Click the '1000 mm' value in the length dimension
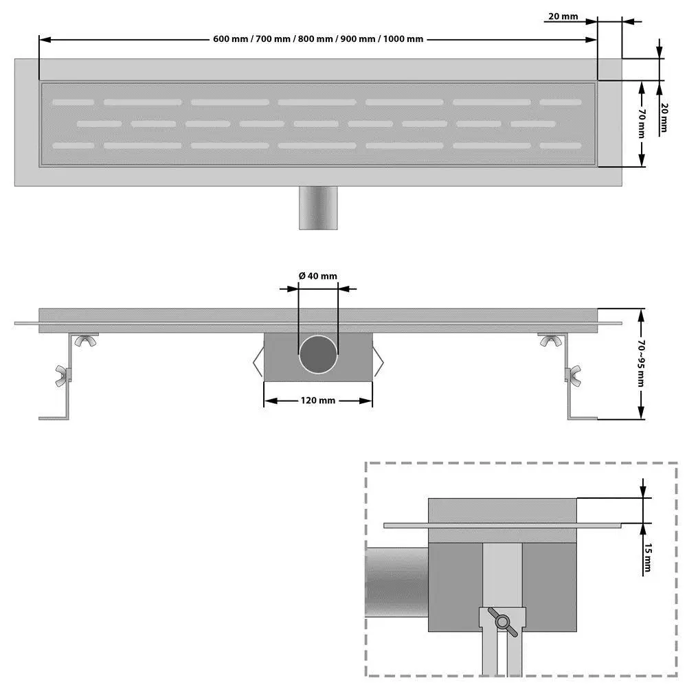click(403, 39)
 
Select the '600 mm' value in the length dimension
click(230, 39)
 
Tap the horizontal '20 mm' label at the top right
click(563, 16)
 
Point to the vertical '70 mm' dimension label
click(640, 124)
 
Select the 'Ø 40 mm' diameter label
click(318, 275)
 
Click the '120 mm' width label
click(318, 401)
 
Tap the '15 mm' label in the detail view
click(646, 557)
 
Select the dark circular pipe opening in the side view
click(318, 354)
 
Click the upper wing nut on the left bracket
click(87, 340)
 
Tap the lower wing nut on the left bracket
click(65, 374)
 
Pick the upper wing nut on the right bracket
click(549, 340)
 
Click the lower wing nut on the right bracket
click(572, 374)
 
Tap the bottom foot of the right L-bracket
click(583, 417)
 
